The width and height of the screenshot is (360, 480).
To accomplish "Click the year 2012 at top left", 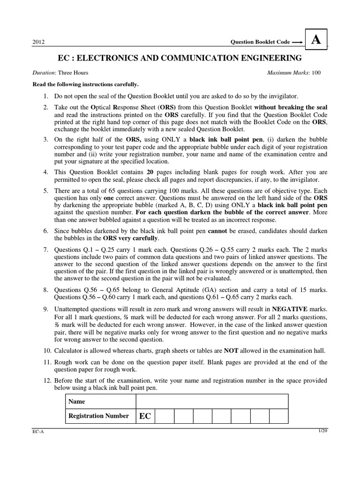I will click(38, 42).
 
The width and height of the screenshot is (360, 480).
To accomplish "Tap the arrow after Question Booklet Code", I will click(297, 42).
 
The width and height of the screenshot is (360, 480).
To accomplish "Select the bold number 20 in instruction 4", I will click(150, 172).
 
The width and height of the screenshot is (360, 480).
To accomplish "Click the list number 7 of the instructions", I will click(46, 250).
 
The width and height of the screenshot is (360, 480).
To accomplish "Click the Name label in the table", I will click(77, 402).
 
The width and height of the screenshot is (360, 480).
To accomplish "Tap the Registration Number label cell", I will click(98, 416).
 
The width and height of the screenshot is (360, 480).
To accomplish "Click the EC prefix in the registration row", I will click(145, 416).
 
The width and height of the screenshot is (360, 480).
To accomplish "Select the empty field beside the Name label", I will click(212, 402).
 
